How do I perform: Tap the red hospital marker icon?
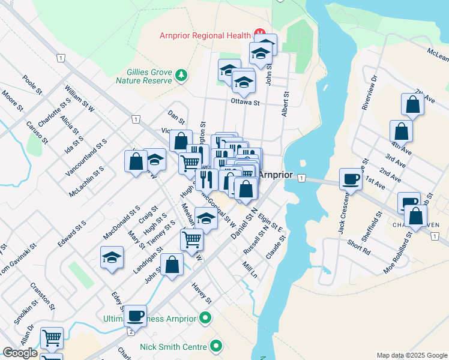pos(260,33)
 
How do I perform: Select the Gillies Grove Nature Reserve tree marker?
pos(181,75)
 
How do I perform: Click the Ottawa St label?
pos(245,103)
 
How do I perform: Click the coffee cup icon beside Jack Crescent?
pos(350,178)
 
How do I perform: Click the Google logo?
pos(20,353)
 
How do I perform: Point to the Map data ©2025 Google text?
pos(412,355)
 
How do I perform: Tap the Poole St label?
pos(32,85)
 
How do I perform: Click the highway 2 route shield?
pos(130,332)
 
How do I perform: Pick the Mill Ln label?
pos(250,269)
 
